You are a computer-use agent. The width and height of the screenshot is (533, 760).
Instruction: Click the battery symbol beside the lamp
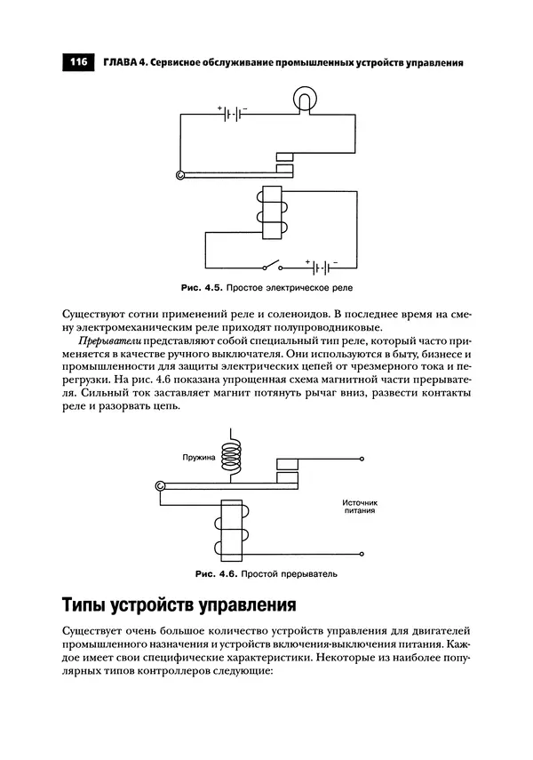(233, 114)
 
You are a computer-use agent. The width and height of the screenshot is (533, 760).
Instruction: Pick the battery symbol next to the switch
(322, 266)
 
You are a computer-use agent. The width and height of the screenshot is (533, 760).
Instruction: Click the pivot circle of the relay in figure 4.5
(181, 176)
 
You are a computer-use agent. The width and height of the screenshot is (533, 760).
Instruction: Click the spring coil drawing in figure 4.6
(232, 454)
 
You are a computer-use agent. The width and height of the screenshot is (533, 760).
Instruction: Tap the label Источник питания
(360, 507)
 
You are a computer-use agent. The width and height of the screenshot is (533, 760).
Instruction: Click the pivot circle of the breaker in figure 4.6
(160, 486)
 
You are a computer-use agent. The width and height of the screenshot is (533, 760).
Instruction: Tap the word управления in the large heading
(243, 606)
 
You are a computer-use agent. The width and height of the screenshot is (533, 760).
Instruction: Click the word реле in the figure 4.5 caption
(351, 289)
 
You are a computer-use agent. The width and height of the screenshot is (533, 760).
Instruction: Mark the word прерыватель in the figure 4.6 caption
(312, 573)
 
